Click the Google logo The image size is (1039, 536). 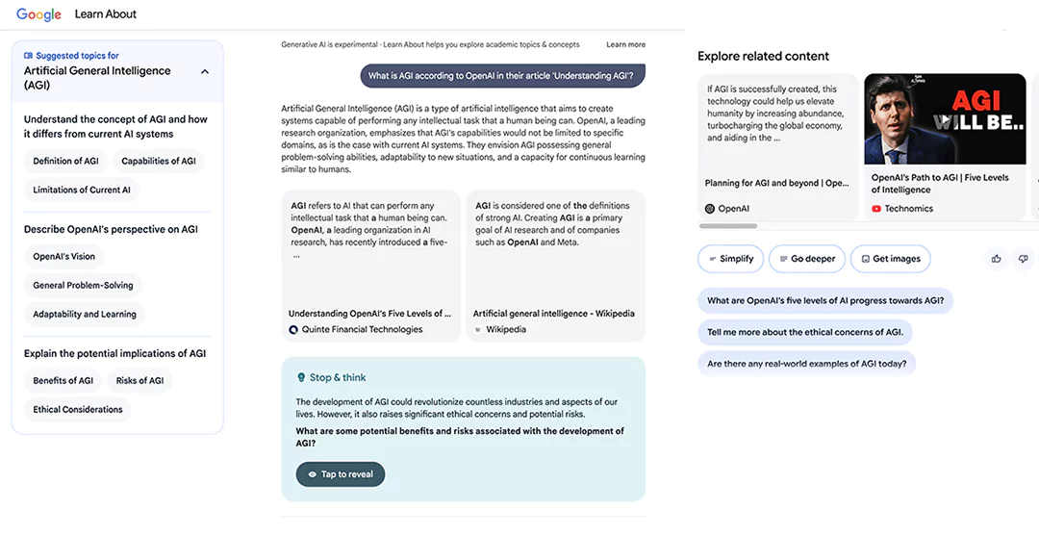[x=38, y=14]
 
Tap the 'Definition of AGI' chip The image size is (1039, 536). [x=65, y=162]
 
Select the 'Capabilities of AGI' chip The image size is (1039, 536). [x=159, y=162]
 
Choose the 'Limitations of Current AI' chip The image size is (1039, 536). [x=82, y=191]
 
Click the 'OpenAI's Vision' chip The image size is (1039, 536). [x=64, y=257]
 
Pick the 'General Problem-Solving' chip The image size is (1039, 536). [x=83, y=286]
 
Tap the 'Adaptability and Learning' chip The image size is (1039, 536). [x=85, y=315]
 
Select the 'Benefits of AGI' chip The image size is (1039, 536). [x=63, y=381]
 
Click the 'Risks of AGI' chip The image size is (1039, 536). [x=139, y=381]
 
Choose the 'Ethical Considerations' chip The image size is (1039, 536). [x=78, y=410]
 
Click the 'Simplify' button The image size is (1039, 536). [x=731, y=259]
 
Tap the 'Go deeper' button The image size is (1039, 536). [x=807, y=259]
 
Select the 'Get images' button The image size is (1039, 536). [x=890, y=259]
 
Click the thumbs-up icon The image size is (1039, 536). [x=996, y=259]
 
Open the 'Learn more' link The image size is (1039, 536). [x=625, y=45]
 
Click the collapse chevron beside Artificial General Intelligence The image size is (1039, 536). [x=205, y=72]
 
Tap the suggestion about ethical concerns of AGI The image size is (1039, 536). [x=805, y=333]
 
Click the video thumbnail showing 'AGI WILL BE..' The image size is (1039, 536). [x=945, y=120]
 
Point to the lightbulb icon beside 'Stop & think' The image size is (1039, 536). [x=301, y=378]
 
